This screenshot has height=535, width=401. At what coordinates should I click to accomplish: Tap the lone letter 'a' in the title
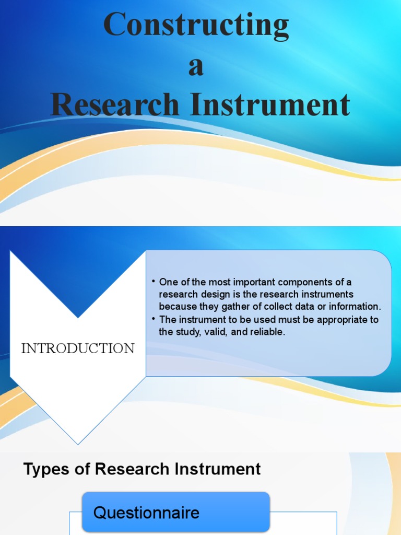click(196, 67)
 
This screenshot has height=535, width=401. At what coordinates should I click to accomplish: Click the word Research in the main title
click(115, 104)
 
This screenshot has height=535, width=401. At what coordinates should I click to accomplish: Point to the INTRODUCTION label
click(78, 348)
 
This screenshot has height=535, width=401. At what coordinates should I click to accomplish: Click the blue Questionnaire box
click(176, 511)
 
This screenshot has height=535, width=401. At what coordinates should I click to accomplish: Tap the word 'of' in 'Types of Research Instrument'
click(82, 469)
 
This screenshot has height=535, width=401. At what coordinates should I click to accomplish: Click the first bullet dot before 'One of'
click(154, 282)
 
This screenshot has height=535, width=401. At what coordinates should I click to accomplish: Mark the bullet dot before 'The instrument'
click(154, 319)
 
